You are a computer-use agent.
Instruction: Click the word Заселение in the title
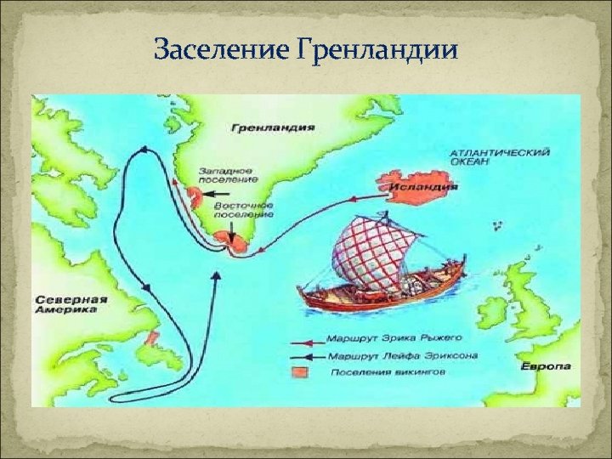pyautogui.click(x=224, y=50)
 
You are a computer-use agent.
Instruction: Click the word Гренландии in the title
pyautogui.click(x=379, y=51)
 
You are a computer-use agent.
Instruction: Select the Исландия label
pyautogui.click(x=425, y=183)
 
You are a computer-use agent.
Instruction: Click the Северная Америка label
pyautogui.click(x=72, y=304)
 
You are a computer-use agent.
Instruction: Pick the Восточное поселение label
pyautogui.click(x=244, y=210)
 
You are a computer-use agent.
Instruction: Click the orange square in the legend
pyautogui.click(x=298, y=372)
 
